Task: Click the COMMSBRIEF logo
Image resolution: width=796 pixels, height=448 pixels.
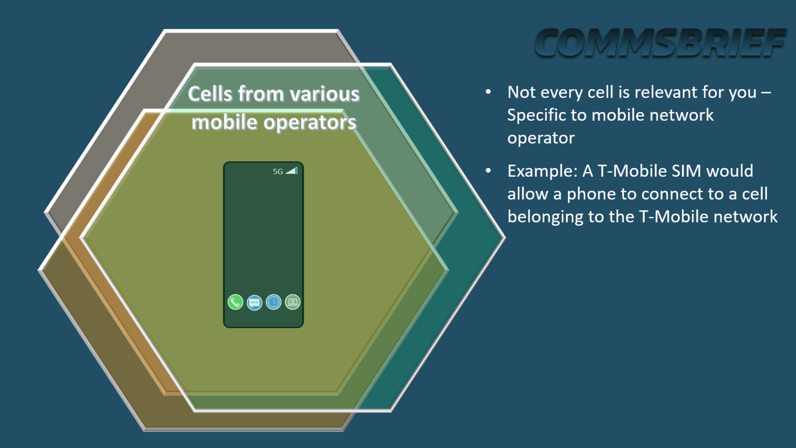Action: (x=660, y=43)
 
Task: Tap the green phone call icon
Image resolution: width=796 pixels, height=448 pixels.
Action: (x=235, y=302)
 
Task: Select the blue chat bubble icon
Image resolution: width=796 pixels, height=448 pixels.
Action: (x=254, y=302)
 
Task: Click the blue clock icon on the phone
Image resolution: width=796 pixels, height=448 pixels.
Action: (x=274, y=302)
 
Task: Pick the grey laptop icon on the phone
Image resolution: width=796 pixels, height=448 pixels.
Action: (x=293, y=302)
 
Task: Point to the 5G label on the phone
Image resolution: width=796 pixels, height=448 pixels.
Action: (x=278, y=172)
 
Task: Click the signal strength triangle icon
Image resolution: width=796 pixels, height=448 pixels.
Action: (x=292, y=171)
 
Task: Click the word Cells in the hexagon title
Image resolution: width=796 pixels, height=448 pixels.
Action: (x=210, y=94)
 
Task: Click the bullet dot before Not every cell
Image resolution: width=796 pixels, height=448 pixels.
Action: (x=488, y=92)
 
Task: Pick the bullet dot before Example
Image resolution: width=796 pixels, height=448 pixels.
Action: (x=488, y=171)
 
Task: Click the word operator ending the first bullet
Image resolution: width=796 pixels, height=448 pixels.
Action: (x=541, y=138)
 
